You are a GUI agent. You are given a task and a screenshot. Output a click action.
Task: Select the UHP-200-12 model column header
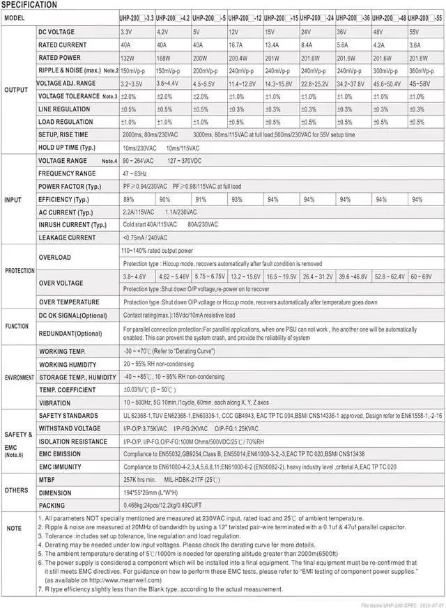(246, 17)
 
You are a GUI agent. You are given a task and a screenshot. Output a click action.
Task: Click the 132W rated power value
(128, 58)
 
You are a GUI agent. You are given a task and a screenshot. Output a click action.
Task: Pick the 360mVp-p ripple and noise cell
(422, 70)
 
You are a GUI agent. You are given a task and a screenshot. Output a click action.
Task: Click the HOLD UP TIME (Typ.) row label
(67, 148)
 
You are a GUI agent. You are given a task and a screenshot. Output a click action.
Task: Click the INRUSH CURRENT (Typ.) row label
(72, 225)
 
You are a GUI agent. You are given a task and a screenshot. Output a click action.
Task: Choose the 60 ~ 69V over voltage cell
(421, 276)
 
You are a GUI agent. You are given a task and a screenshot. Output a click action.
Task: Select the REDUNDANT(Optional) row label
(70, 333)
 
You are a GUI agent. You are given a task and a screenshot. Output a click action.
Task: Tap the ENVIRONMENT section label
(20, 377)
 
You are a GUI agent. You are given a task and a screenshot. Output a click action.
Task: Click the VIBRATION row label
(55, 403)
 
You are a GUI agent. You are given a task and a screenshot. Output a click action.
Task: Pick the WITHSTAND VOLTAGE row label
(70, 428)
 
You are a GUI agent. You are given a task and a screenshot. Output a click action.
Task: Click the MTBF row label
(47, 480)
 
